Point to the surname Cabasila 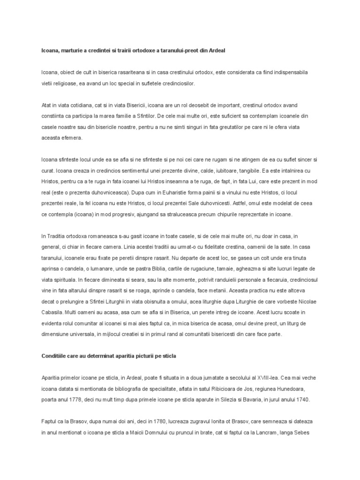click(54, 313)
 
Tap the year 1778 click(72, 400)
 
